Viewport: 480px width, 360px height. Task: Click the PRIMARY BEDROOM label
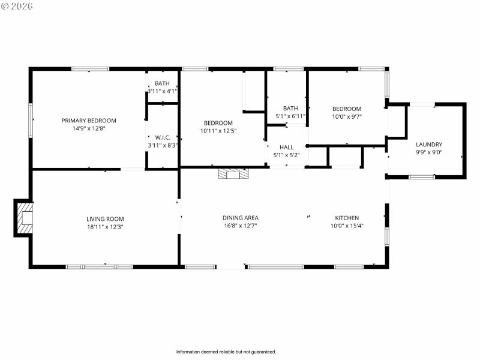pyautogui.click(x=89, y=121)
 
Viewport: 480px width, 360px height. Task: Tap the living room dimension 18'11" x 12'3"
pyautogui.click(x=105, y=227)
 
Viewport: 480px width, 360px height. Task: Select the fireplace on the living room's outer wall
pyautogui.click(x=25, y=218)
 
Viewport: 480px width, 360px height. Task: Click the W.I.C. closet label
pyautogui.click(x=163, y=137)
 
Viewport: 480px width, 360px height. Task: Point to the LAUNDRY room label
pyautogui.click(x=429, y=144)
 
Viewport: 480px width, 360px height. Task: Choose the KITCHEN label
pyautogui.click(x=347, y=218)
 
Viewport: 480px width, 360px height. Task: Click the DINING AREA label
pyautogui.click(x=240, y=218)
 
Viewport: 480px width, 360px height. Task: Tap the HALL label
pyautogui.click(x=286, y=147)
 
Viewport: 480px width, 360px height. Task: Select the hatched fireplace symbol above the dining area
pyautogui.click(x=232, y=174)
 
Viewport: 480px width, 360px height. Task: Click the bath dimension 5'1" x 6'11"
pyautogui.click(x=290, y=116)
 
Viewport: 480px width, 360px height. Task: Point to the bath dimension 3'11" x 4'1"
pyautogui.click(x=162, y=91)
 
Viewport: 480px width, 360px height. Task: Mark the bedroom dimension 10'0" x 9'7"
pyautogui.click(x=347, y=116)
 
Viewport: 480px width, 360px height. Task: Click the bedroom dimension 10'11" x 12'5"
pyautogui.click(x=217, y=131)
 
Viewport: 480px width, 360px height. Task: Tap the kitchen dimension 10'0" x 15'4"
pyautogui.click(x=347, y=226)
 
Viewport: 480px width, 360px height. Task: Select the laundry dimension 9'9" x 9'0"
pyautogui.click(x=429, y=152)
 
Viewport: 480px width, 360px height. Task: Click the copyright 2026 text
pyautogui.click(x=17, y=6)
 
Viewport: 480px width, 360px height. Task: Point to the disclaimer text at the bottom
pyautogui.click(x=226, y=352)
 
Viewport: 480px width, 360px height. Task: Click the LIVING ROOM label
pyautogui.click(x=105, y=219)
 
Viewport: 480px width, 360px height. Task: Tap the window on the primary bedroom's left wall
pyautogui.click(x=31, y=120)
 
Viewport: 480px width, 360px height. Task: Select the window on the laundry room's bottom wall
pyautogui.click(x=422, y=176)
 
